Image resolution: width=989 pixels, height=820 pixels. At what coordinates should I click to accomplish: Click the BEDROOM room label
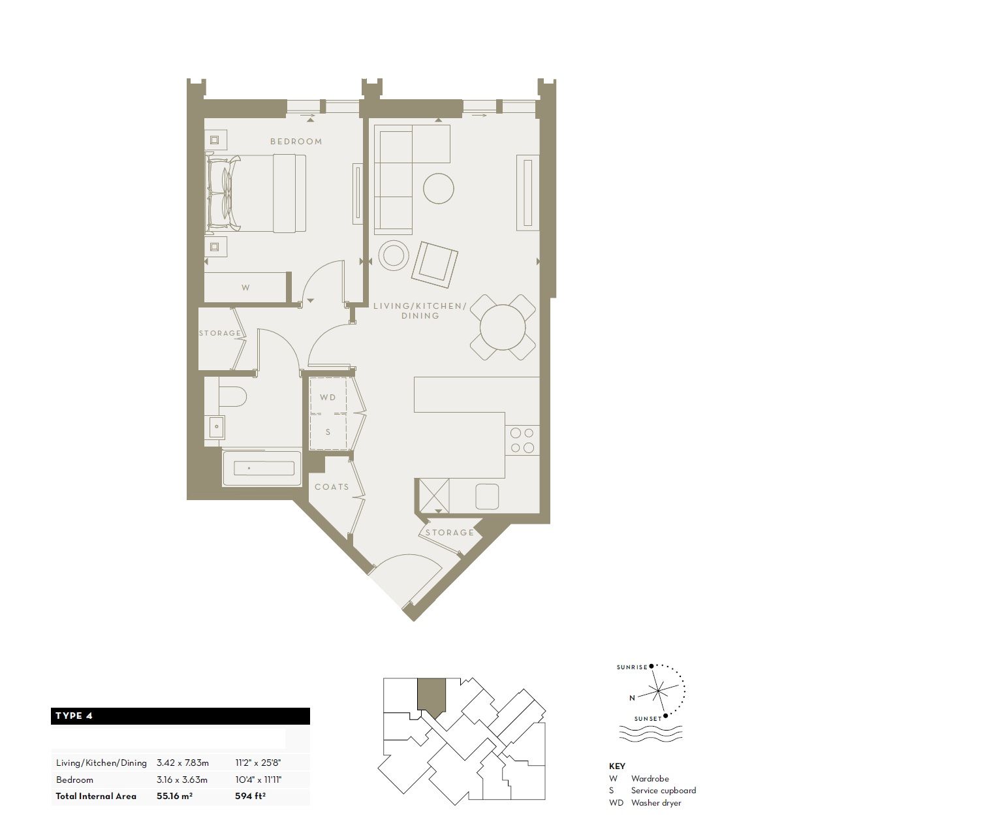point(296,142)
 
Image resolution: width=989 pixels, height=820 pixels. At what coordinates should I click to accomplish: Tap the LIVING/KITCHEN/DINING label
point(420,311)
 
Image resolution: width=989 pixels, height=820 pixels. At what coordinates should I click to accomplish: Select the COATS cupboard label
point(332,487)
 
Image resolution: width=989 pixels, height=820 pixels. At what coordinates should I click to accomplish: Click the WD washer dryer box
point(328,397)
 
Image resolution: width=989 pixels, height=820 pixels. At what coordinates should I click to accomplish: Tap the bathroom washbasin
point(215,428)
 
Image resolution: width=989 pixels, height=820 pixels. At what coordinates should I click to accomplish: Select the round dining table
point(503,327)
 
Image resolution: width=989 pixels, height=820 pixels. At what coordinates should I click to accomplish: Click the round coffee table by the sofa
point(438,189)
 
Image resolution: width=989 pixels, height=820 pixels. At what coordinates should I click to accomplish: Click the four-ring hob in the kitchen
point(522,440)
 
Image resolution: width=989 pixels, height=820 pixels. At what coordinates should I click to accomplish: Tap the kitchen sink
point(487,496)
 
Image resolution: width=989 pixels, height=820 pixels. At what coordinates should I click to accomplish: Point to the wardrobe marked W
point(245,287)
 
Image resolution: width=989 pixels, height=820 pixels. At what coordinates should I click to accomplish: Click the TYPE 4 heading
point(74,716)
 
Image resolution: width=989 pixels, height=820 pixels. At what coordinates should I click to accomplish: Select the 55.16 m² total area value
point(174,796)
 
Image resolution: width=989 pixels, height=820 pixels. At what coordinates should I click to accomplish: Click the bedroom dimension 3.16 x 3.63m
point(182,780)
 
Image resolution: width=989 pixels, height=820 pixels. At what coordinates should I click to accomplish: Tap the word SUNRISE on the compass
point(631,667)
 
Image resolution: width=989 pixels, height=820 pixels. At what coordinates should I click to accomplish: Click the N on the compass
point(632,698)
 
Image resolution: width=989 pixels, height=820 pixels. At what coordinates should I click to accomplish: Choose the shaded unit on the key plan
point(432,696)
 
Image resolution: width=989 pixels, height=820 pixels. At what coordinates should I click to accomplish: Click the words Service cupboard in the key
point(663,791)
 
